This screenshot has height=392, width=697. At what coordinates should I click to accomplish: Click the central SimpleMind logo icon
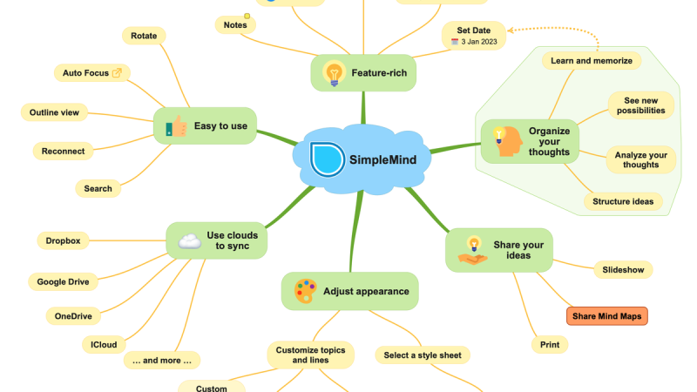pyautogui.click(x=327, y=159)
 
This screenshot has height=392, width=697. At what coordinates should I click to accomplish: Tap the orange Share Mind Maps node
pyautogui.click(x=606, y=316)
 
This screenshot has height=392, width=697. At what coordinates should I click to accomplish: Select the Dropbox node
pyautogui.click(x=63, y=241)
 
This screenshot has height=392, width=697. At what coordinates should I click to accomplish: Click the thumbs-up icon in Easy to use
pyautogui.click(x=176, y=126)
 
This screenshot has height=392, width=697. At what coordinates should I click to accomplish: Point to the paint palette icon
pyautogui.click(x=306, y=291)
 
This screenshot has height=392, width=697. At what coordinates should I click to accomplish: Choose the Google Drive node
pyautogui.click(x=63, y=281)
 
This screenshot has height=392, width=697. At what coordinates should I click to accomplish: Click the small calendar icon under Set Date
pyautogui.click(x=454, y=42)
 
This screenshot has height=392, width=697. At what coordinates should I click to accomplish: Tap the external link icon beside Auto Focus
pyautogui.click(x=117, y=73)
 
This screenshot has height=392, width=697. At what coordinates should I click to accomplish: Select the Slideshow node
pyautogui.click(x=623, y=270)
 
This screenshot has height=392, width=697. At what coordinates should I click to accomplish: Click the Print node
pyautogui.click(x=550, y=344)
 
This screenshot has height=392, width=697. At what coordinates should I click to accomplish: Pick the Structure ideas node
pyautogui.click(x=623, y=201)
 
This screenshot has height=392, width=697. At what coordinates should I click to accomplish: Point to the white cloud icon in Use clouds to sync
pyautogui.click(x=190, y=241)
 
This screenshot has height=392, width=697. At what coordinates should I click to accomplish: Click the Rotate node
pyautogui.click(x=144, y=36)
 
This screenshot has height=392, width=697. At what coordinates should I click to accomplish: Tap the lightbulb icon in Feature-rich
pyautogui.click(x=334, y=73)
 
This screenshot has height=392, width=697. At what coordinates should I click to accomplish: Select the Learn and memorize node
pyautogui.click(x=592, y=60)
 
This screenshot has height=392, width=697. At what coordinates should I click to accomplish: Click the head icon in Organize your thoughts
pyautogui.click(x=507, y=141)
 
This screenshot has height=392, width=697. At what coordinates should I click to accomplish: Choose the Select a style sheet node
pyautogui.click(x=423, y=355)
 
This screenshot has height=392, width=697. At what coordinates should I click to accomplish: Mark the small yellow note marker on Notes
pyautogui.click(x=247, y=16)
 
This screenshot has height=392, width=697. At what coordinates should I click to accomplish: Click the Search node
pyautogui.click(x=98, y=188)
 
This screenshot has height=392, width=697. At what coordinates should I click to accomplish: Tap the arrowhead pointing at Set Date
pyautogui.click(x=511, y=30)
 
